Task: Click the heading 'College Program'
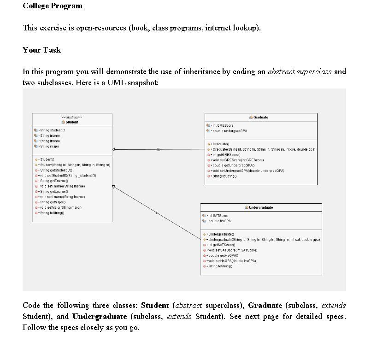click(x=53, y=6)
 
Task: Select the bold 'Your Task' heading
click(x=41, y=50)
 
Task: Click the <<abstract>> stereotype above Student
click(x=71, y=117)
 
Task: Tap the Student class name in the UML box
click(x=71, y=122)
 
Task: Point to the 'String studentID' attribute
click(x=52, y=131)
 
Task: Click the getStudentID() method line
click(x=55, y=171)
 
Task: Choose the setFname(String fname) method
click(x=62, y=186)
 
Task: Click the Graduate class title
click(x=261, y=118)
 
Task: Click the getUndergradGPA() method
click(x=234, y=165)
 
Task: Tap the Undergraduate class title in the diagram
click(x=261, y=207)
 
